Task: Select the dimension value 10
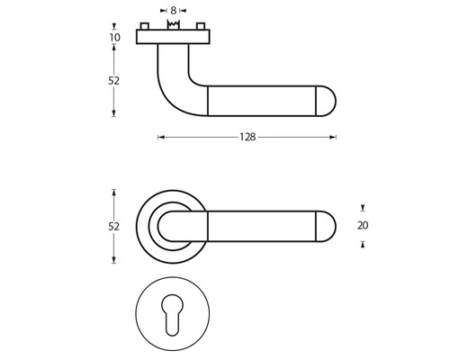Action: [x=114, y=38]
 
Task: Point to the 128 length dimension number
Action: [x=247, y=138]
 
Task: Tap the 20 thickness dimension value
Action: [x=363, y=225]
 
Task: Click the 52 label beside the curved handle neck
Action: [x=114, y=80]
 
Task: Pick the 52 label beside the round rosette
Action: [x=114, y=227]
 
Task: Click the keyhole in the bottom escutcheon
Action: [x=175, y=317]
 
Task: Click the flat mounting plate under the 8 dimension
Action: [x=173, y=37]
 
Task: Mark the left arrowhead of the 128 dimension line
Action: [x=160, y=138]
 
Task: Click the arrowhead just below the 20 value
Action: [x=363, y=244]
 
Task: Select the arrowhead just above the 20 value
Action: [x=363, y=206]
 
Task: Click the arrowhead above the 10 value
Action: [x=114, y=25]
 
